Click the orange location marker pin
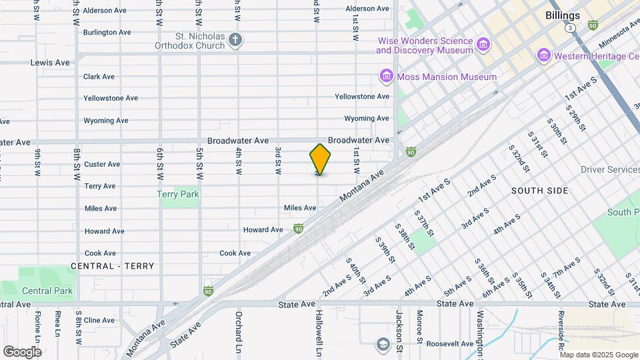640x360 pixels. point(320,159)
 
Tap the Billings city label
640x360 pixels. point(562,15)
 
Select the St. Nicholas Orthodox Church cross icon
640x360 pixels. point(235,40)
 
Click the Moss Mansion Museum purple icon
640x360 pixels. point(386,77)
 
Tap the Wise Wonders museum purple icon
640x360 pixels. point(483,45)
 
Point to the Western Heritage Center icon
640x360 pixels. point(543,55)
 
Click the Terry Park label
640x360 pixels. point(178,194)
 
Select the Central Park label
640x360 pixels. point(47,291)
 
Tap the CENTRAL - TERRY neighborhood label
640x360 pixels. point(112,266)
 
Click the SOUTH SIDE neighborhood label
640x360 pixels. point(540,191)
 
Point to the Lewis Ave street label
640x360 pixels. point(50,63)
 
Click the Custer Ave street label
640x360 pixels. point(102,164)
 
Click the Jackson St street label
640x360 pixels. point(399,331)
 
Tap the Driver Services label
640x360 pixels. point(609,169)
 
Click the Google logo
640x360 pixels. point(22,351)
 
